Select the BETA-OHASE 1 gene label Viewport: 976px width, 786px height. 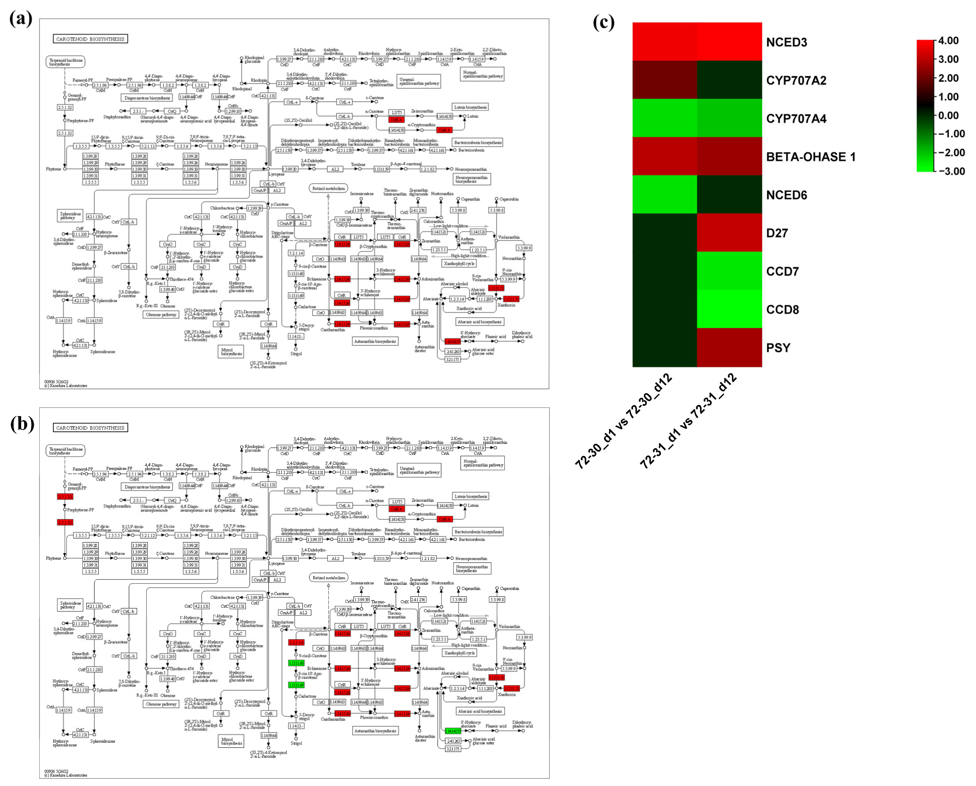pyautogui.click(x=811, y=157)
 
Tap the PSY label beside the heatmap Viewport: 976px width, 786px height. pyautogui.click(x=778, y=348)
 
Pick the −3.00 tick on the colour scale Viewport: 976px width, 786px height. pyautogui.click(x=948, y=171)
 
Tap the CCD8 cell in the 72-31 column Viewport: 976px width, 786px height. pyautogui.click(x=729, y=309)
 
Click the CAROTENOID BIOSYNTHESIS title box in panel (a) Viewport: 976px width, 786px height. pyautogui.click(x=90, y=39)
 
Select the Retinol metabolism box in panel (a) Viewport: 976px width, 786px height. pyautogui.click(x=329, y=188)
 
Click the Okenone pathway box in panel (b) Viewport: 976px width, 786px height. pyautogui.click(x=161, y=704)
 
